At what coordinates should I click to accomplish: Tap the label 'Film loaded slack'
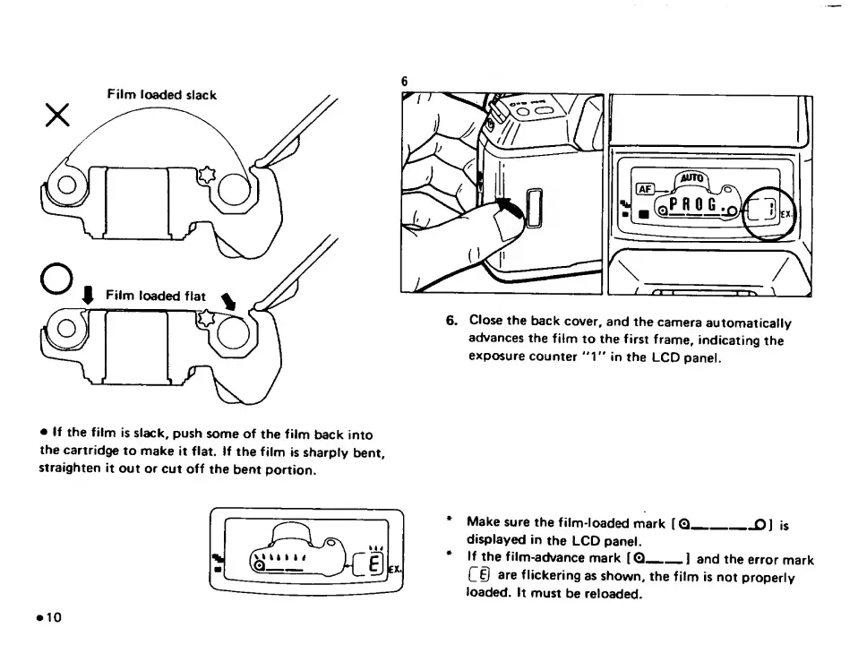161,94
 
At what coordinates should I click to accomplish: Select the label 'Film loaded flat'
156,296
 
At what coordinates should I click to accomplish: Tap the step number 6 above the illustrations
405,82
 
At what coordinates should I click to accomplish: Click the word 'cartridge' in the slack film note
68,451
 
